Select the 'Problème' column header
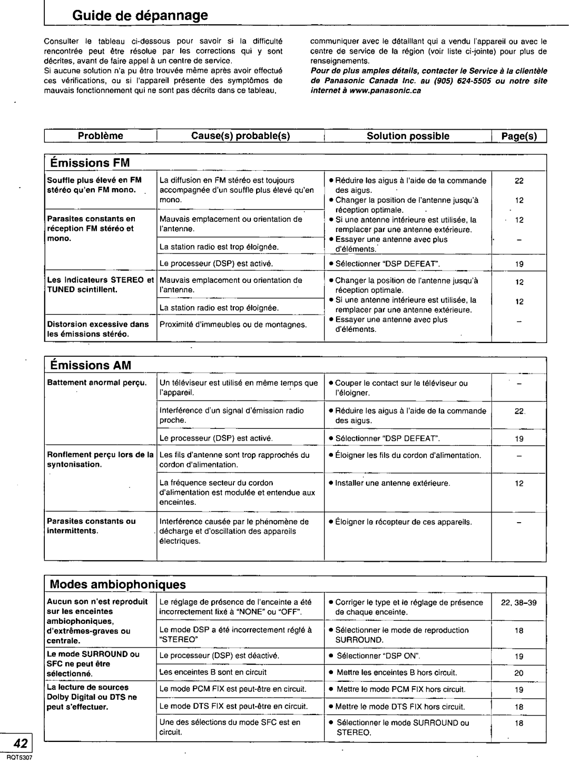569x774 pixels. [101, 136]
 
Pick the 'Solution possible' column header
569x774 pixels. [408, 136]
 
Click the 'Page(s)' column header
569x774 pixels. [519, 136]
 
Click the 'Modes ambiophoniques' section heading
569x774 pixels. [118, 584]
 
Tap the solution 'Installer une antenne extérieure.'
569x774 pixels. [393, 483]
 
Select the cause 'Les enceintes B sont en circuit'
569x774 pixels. [213, 672]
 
